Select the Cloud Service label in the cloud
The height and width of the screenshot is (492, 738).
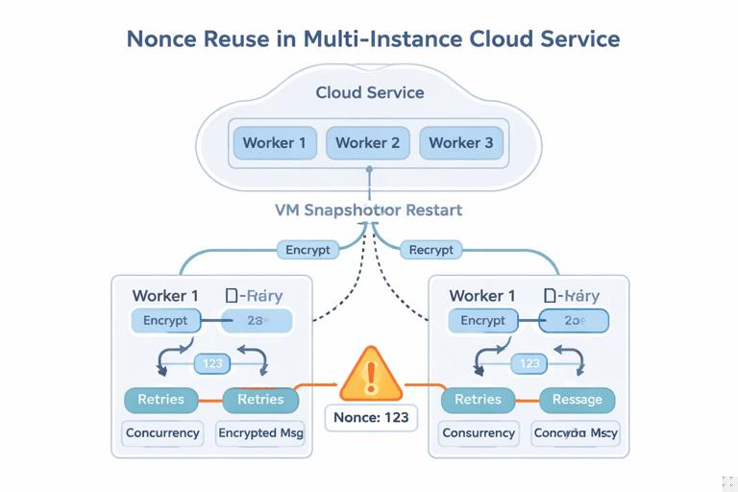point(370,92)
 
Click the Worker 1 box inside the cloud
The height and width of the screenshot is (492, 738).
point(274,143)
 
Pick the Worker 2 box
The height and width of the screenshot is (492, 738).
point(367,143)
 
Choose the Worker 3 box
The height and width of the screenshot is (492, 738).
point(460,143)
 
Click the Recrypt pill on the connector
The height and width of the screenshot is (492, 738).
point(430,250)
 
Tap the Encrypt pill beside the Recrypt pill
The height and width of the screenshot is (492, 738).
point(308,250)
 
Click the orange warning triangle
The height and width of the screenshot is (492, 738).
point(370,377)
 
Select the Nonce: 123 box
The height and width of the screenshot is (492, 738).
point(371,418)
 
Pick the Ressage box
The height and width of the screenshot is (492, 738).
point(577,400)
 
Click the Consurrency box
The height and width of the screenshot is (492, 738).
point(479,433)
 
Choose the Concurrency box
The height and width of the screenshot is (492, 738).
point(162,433)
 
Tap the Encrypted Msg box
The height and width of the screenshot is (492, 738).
point(260,433)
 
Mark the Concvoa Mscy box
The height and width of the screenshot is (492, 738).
point(576,433)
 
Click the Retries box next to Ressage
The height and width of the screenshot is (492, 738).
point(478,400)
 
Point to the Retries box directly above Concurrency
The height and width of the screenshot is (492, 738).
point(161,400)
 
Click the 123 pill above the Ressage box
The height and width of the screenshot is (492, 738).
point(529,363)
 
